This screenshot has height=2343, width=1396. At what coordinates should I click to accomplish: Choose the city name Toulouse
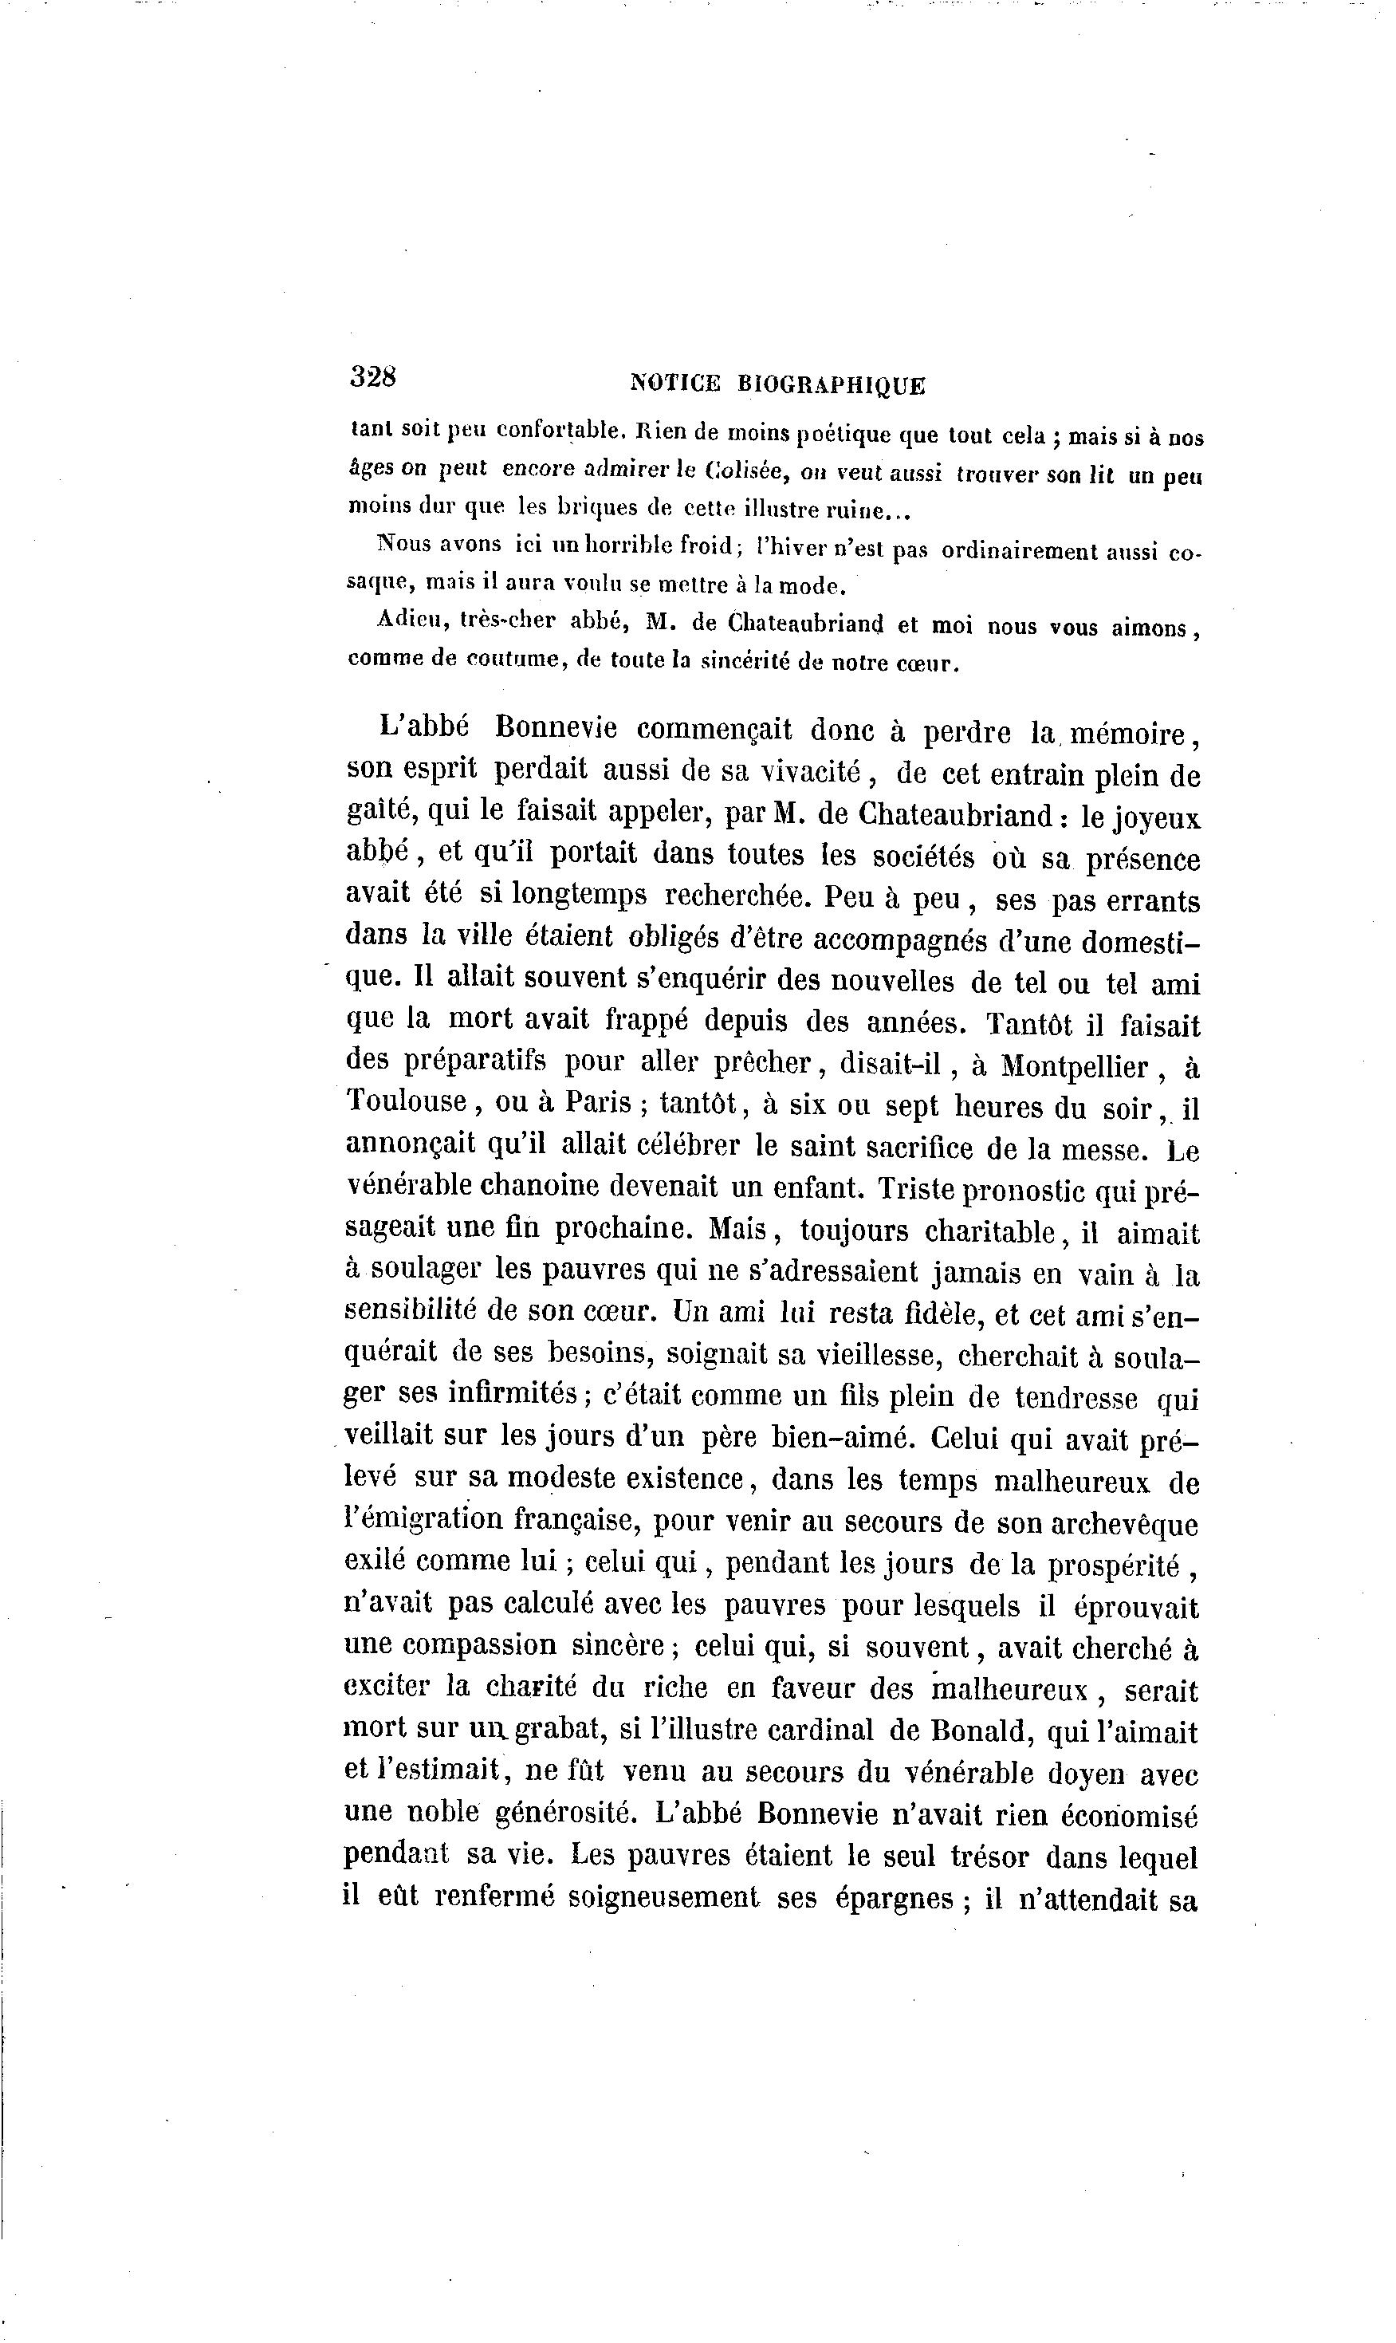click(x=407, y=1102)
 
